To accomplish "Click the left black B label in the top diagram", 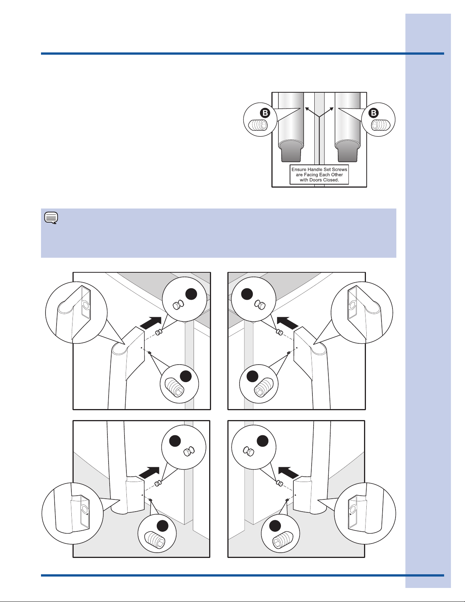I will (265, 113).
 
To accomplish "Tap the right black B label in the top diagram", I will (374, 113).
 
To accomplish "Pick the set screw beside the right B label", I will (380, 125).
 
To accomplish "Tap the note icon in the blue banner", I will (51, 218).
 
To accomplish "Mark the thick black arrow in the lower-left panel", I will (149, 472).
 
